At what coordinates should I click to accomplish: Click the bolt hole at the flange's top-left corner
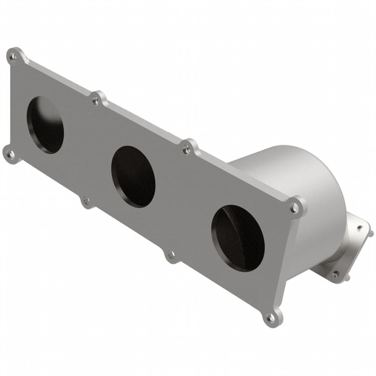[14, 56]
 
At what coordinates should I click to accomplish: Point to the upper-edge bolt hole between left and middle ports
[96, 99]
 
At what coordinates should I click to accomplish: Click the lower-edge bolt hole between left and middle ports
[86, 200]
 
